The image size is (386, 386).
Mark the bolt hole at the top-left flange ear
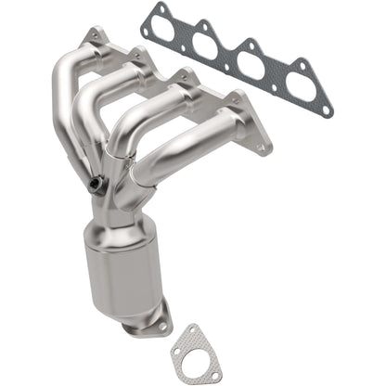coord(94,34)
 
